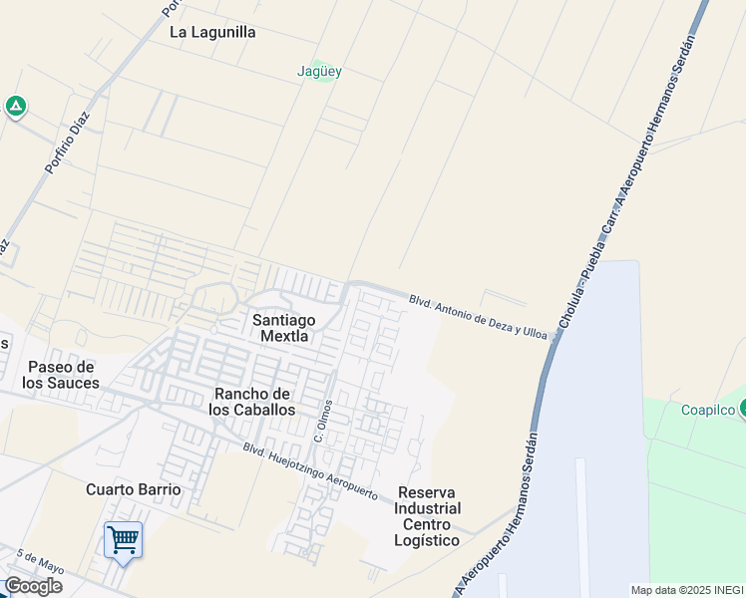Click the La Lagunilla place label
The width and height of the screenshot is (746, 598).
click(212, 32)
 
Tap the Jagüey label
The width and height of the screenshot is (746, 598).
click(319, 71)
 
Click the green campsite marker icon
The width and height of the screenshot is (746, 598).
click(16, 106)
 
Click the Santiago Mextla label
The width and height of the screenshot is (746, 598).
click(283, 328)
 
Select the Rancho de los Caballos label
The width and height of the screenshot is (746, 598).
click(254, 401)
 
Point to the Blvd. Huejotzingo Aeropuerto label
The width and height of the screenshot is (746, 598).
click(310, 470)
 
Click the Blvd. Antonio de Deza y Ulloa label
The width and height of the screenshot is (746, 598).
click(478, 315)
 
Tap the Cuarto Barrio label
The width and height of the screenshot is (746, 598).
click(134, 489)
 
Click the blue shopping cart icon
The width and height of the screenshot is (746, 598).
click(123, 540)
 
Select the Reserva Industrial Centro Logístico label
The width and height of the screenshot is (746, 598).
click(428, 516)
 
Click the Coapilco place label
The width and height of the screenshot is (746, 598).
click(707, 410)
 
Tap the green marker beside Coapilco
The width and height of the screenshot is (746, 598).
click(742, 409)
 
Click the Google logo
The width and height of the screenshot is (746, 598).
click(33, 586)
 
